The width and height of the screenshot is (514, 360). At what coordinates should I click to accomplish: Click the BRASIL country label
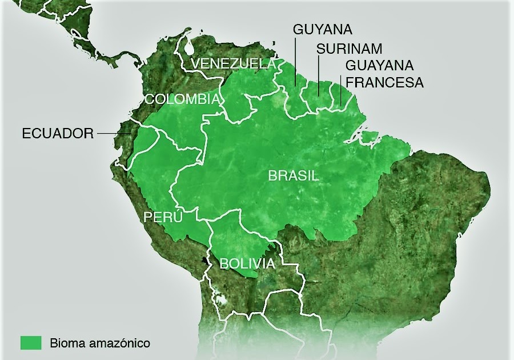[x=294, y=176]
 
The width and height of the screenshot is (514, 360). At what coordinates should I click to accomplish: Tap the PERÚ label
[x=163, y=217]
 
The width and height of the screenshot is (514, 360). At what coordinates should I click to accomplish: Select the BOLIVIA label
[x=247, y=263]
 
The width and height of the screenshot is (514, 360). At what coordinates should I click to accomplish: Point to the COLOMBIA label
[x=182, y=99]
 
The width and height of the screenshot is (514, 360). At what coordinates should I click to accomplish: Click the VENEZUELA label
[x=234, y=63]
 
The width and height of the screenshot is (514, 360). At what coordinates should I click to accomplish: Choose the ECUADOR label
[x=58, y=134]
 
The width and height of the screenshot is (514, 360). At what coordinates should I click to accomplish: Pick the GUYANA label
[x=323, y=29]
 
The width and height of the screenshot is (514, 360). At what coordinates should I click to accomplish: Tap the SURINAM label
[x=350, y=49]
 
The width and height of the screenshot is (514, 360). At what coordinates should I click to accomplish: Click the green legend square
[x=31, y=343]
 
